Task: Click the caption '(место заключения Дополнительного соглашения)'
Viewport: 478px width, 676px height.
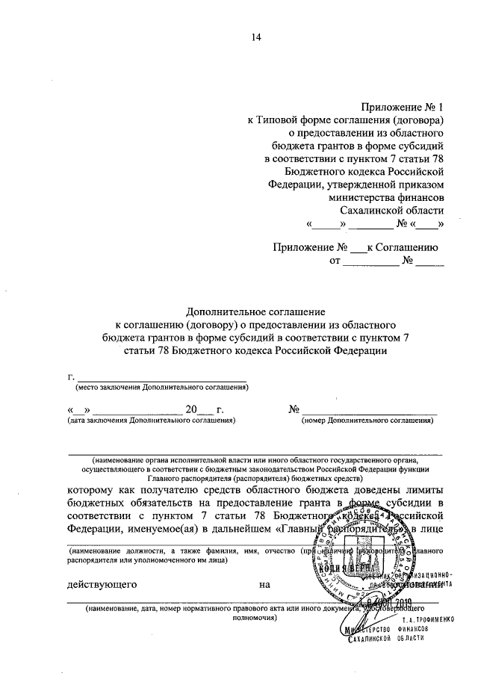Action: click(162, 388)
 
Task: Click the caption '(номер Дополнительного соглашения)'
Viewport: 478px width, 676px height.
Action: click(368, 421)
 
